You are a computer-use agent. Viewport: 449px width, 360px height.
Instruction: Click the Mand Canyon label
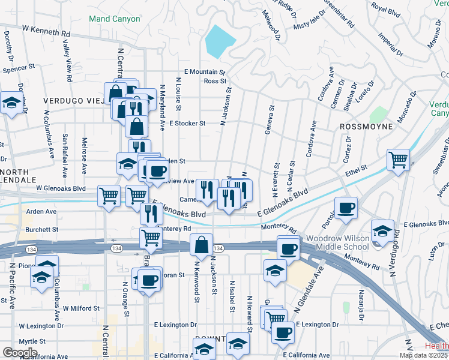tap(114, 19)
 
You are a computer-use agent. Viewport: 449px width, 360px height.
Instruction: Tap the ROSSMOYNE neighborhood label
tap(366, 127)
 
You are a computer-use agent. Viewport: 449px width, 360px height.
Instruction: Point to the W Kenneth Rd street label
tap(46, 28)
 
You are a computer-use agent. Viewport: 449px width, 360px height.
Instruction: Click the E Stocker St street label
tap(187, 123)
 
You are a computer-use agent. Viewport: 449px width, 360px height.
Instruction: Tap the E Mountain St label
tap(204, 71)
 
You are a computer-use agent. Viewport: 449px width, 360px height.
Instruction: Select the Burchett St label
tap(41, 229)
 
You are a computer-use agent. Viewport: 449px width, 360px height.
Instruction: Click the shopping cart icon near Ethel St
tap(398, 160)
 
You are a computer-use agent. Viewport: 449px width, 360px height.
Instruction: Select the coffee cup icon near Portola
tap(346, 208)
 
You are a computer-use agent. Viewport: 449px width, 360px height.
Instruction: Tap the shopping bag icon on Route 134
tap(201, 245)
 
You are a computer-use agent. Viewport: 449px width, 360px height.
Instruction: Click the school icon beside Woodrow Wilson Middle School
tap(382, 230)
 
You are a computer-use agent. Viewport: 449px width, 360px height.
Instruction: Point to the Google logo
tap(19, 352)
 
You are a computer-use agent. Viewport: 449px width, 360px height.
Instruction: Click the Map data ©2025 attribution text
tap(423, 355)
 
